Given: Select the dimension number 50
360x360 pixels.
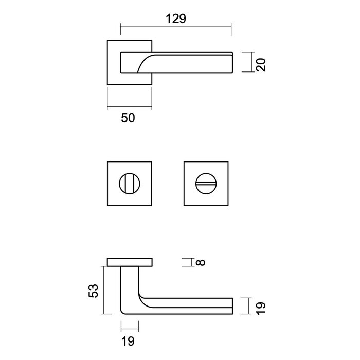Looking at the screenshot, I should pyautogui.click(x=128, y=118).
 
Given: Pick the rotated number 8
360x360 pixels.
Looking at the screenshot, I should pyautogui.click(x=201, y=262).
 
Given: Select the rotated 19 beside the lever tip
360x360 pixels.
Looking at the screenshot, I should pyautogui.click(x=261, y=308).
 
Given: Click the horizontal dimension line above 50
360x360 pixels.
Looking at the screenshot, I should pyautogui.click(x=130, y=107).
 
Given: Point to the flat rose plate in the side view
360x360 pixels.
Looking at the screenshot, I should pyautogui.click(x=130, y=262).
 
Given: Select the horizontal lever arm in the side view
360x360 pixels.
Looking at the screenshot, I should pyautogui.click(x=190, y=304).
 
